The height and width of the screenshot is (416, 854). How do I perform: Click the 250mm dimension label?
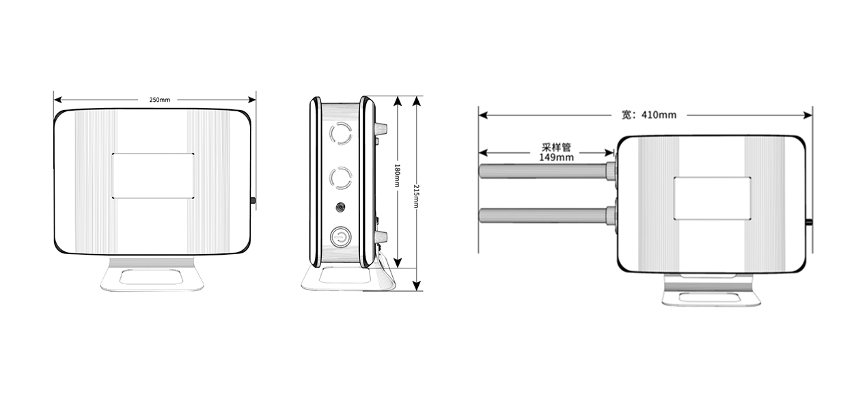pyautogui.click(x=160, y=100)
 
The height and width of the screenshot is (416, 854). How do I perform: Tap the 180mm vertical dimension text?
pyautogui.click(x=397, y=176)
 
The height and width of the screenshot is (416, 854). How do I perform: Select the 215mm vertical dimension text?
pyautogui.click(x=417, y=196)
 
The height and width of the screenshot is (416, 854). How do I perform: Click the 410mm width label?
pyautogui.click(x=649, y=115)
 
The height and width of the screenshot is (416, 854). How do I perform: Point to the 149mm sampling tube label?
pyautogui.click(x=556, y=157)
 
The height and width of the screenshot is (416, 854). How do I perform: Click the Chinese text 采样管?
pyautogui.click(x=556, y=147)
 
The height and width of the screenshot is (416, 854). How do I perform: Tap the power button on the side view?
pyautogui.click(x=340, y=237)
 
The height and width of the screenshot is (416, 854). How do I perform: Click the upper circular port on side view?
pyautogui.click(x=340, y=133)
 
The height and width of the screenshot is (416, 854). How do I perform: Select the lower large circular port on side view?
pyautogui.click(x=340, y=178)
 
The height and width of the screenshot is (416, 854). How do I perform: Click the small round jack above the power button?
pyautogui.click(x=340, y=208)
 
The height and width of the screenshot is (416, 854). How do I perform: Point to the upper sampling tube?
pyautogui.click(x=544, y=171)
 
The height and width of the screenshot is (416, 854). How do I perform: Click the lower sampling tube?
pyautogui.click(x=544, y=216)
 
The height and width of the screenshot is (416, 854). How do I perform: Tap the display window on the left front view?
pyautogui.click(x=153, y=176)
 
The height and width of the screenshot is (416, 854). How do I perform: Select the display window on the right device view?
pyautogui.click(x=712, y=198)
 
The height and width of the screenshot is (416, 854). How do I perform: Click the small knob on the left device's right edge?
pyautogui.click(x=253, y=201)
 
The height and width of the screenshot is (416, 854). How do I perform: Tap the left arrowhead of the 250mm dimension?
pyautogui.click(x=57, y=100)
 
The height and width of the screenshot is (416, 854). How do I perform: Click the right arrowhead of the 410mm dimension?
pyautogui.click(x=808, y=115)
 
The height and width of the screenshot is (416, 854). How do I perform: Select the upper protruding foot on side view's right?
pyautogui.click(x=381, y=130)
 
